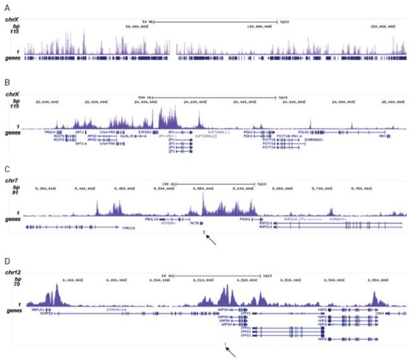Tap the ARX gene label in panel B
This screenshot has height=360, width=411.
[x=383, y=136]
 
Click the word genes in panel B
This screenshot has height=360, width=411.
[x=12, y=133]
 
